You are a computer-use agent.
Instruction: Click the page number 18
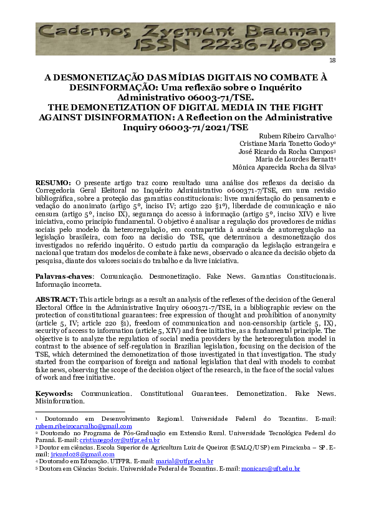pyautogui.click(x=332, y=60)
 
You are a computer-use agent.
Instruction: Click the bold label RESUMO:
pyautogui.click(x=53, y=182)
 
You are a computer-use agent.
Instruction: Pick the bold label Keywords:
pyautogui.click(x=54, y=394)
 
